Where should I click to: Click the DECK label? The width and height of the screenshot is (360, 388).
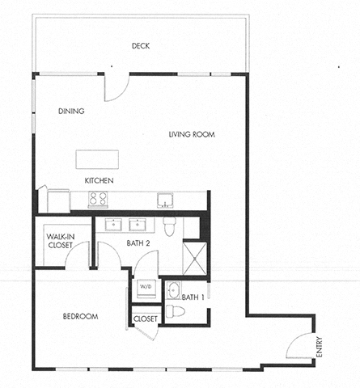[141, 46]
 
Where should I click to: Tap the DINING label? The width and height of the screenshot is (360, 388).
[72, 111]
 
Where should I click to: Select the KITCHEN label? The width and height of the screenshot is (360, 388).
[99, 180]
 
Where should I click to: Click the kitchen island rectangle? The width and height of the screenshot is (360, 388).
[97, 158]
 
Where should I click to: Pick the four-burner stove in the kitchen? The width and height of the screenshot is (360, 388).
[98, 199]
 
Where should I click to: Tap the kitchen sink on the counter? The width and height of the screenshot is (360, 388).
[165, 200]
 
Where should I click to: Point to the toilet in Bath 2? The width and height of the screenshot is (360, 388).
[169, 227]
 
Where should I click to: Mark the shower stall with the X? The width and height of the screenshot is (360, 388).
[195, 258]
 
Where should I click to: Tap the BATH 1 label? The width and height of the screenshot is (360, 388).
[193, 297]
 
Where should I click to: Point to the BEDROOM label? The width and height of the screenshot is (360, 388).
[80, 316]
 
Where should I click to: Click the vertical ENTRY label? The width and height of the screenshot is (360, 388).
[320, 348]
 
